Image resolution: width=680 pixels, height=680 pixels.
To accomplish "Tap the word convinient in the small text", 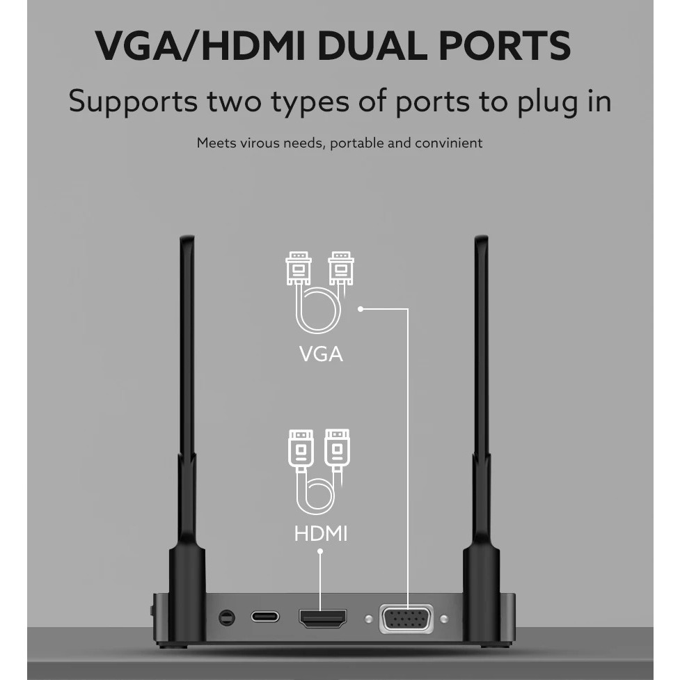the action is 448,143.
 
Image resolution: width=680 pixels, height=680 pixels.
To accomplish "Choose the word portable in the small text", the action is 356,143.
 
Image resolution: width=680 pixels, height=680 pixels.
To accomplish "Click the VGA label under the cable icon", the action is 321,354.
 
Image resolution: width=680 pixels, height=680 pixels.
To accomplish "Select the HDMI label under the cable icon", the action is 320,534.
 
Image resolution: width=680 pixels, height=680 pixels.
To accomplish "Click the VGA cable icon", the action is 319,292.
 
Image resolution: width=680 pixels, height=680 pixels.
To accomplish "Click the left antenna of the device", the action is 187,418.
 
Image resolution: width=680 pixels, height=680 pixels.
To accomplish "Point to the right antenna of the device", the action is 481,418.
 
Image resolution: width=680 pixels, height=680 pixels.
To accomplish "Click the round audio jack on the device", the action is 226,617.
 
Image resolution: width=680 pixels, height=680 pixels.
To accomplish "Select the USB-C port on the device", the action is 264,617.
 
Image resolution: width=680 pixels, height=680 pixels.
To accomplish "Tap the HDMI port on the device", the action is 322,617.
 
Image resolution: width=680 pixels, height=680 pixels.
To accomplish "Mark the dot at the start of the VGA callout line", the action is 361,308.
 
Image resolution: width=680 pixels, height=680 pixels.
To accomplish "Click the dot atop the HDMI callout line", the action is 320,552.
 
